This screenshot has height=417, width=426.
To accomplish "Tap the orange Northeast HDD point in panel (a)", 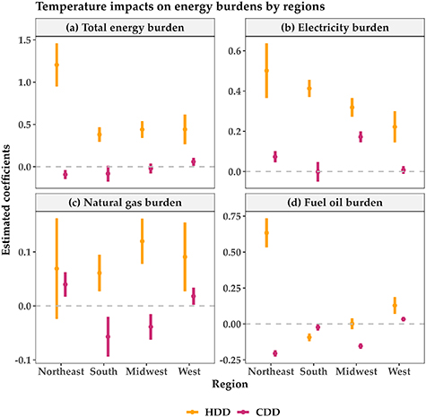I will (57, 65).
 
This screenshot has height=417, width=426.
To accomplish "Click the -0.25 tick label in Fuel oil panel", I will (225, 360).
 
